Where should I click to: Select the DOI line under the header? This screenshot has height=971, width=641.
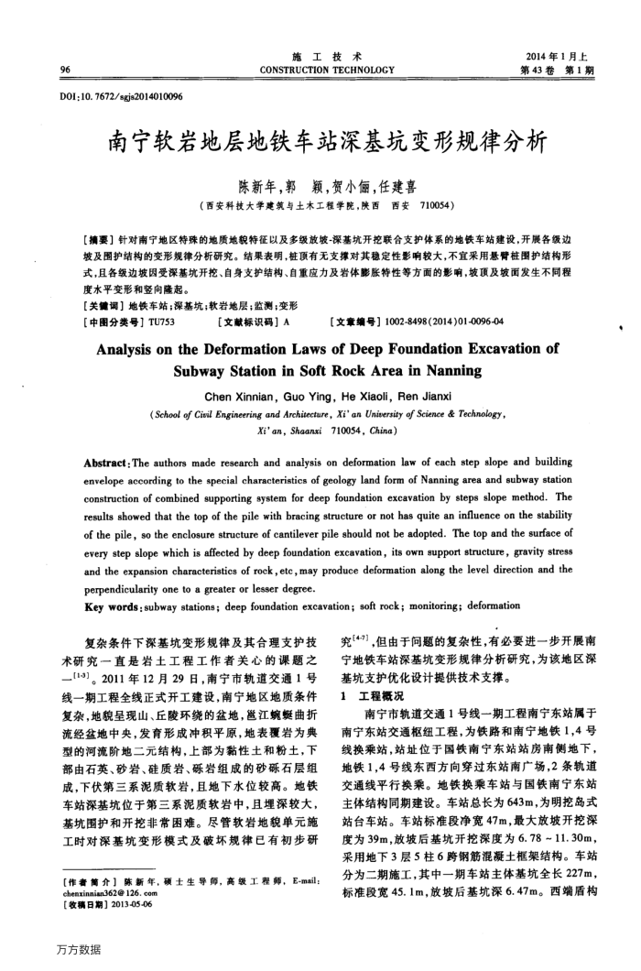click(125, 95)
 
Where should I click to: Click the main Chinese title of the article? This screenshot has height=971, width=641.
click(327, 142)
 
